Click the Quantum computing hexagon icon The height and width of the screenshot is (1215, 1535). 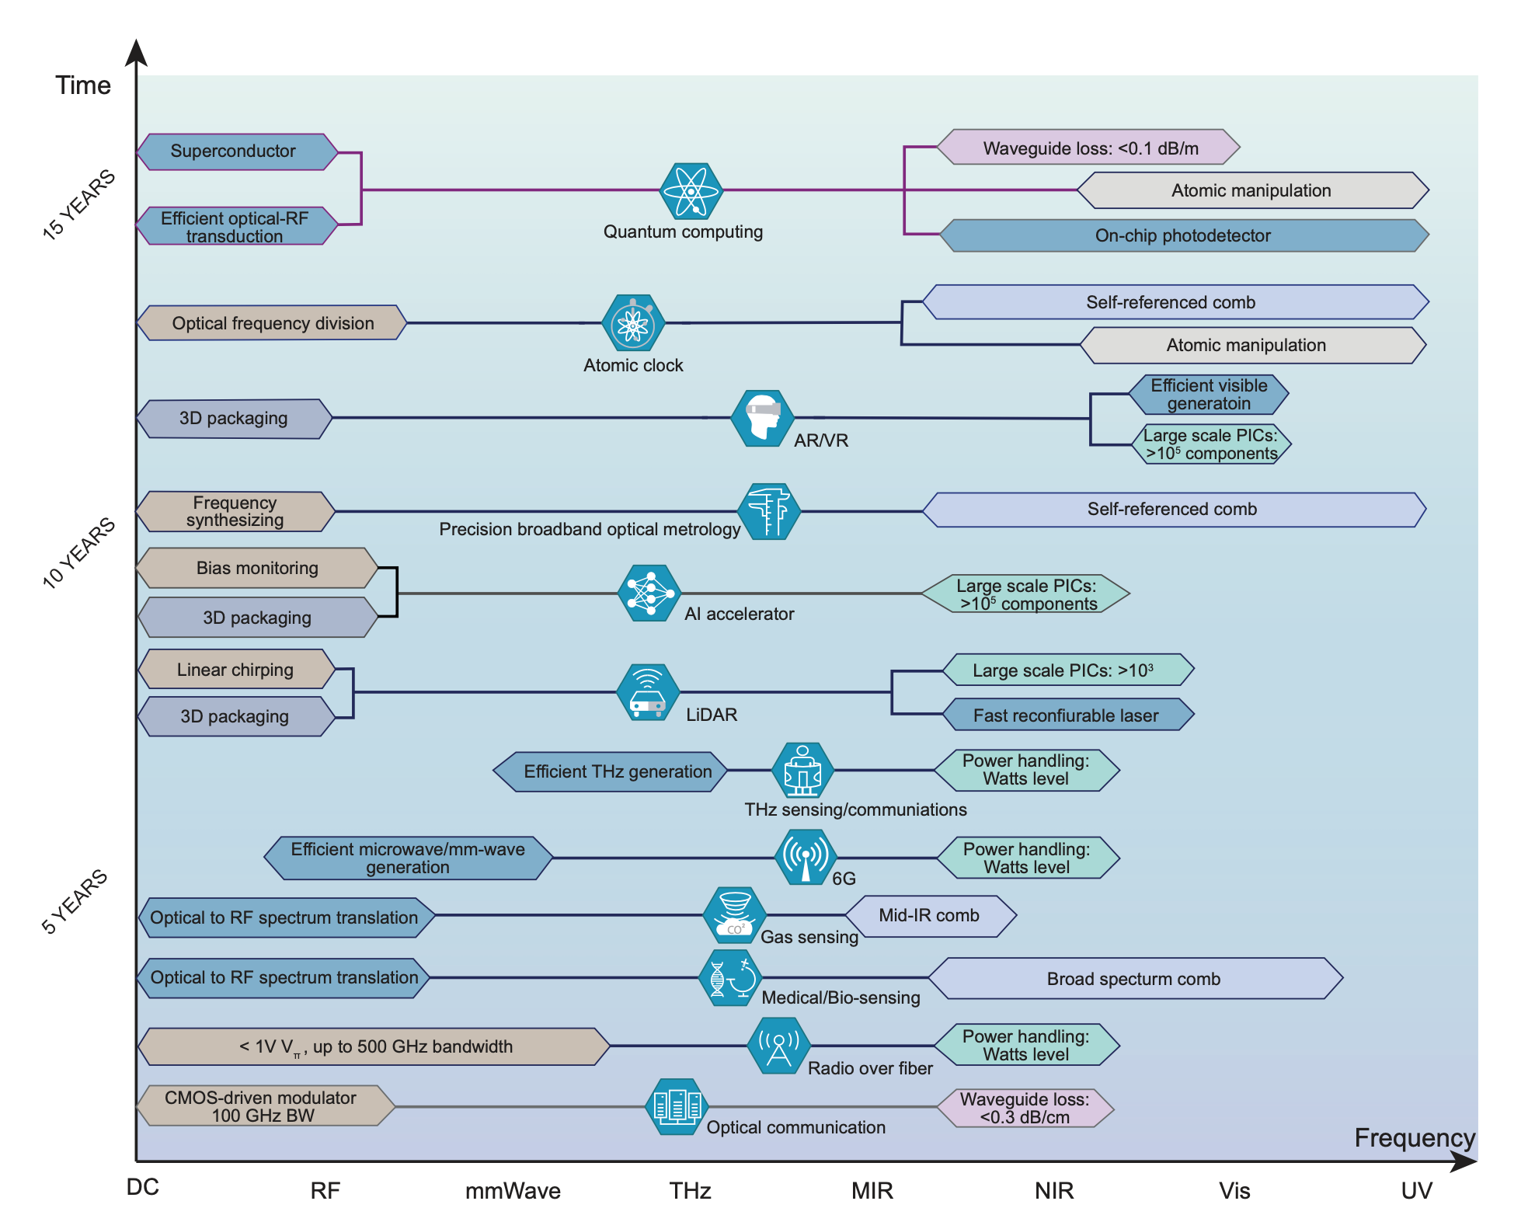click(x=691, y=190)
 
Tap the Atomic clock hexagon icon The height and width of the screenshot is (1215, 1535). click(x=633, y=323)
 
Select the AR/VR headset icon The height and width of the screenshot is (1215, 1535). click(x=762, y=418)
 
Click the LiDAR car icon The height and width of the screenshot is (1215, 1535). click(x=648, y=692)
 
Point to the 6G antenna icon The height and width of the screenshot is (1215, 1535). click(x=806, y=857)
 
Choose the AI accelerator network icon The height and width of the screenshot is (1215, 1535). click(x=649, y=594)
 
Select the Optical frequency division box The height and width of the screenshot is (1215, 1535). click(x=272, y=323)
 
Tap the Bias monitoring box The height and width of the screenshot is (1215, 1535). click(x=256, y=568)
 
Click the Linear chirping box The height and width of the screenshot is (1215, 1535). click(x=235, y=670)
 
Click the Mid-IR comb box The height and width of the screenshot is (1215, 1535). click(x=930, y=916)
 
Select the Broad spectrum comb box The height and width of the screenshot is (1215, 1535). click(x=1134, y=979)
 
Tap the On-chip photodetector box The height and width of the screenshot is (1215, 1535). click(x=1183, y=235)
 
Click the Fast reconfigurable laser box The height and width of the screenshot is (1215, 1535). click(x=1067, y=715)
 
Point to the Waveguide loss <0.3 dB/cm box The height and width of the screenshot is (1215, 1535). click(x=1025, y=1109)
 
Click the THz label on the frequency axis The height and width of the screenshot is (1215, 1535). click(x=691, y=1190)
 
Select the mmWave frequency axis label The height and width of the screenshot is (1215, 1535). click(x=513, y=1190)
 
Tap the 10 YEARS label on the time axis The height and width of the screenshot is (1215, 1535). click(x=78, y=553)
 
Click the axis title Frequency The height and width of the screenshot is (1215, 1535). click(x=1414, y=1138)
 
